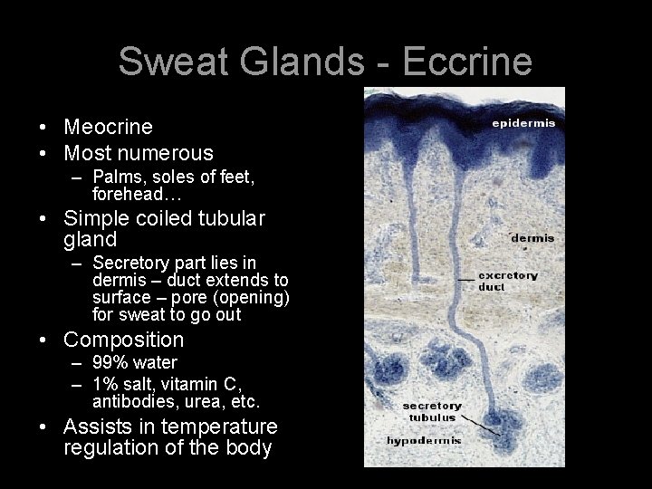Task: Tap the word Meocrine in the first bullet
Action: pos(108,127)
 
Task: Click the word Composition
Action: pos(123,340)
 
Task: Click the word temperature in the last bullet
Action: pos(223,427)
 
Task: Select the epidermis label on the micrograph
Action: pos(523,122)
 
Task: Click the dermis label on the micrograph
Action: pos(532,238)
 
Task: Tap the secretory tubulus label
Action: pos(432,412)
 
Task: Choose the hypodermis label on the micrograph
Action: pos(425,441)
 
